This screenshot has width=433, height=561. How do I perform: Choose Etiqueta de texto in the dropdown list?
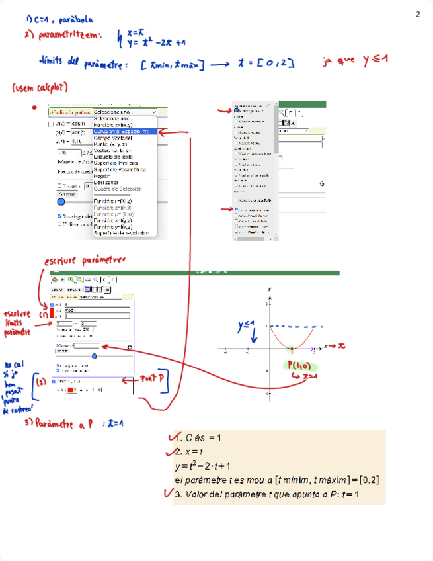click(116, 156)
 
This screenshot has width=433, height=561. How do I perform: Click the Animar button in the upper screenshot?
click(68, 194)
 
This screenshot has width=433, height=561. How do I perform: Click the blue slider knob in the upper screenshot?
click(61, 202)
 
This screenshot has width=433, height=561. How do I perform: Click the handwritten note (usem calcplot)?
click(40, 87)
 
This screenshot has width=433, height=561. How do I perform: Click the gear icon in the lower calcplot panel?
click(130, 347)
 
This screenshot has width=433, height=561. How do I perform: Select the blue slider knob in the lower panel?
click(95, 355)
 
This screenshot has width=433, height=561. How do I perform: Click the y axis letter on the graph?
click(270, 290)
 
